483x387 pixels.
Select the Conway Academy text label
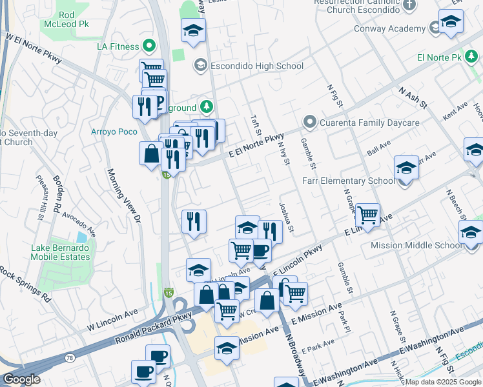[389, 28]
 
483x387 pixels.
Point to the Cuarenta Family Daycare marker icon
[310, 123]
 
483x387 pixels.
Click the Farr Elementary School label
[348, 181]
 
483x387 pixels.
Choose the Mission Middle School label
[416, 245]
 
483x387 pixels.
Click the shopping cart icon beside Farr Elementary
[367, 214]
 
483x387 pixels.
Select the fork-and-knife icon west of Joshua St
[270, 231]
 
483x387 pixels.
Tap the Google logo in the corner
[21, 379]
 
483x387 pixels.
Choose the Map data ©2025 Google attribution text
[443, 382]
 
